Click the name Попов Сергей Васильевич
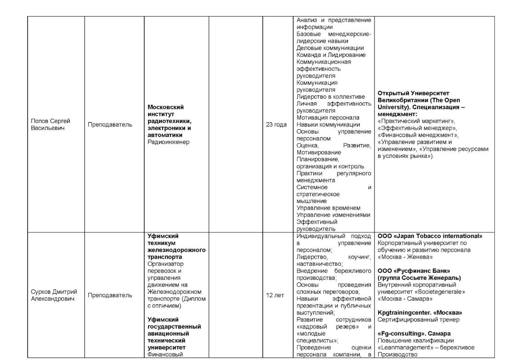coord(50,124)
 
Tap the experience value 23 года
coord(276,124)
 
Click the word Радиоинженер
coord(169,142)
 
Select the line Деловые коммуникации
coord(330,48)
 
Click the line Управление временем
coord(328,208)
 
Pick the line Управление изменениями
coord(333,215)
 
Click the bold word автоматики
coord(165,135)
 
